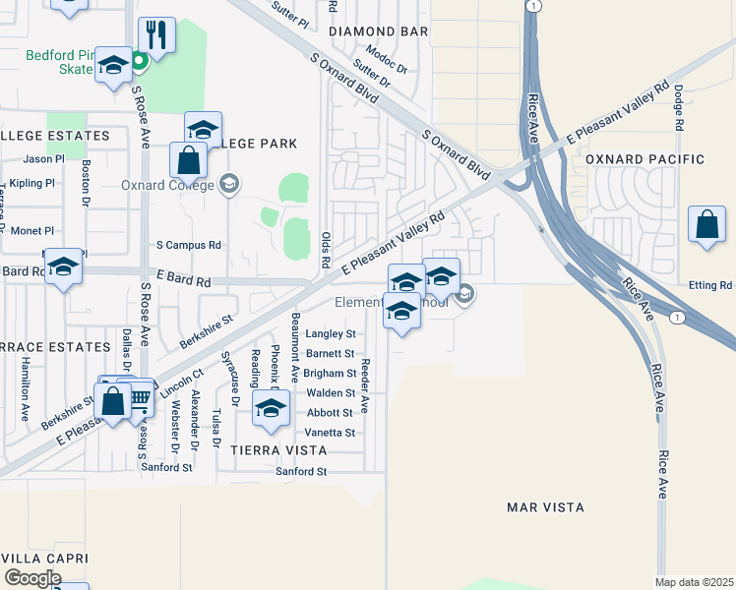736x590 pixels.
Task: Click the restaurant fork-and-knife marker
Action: [x=156, y=34]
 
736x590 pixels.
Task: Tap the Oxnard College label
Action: [x=166, y=185]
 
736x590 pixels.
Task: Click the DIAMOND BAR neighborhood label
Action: [x=378, y=31]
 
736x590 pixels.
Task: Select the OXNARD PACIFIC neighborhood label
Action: [x=644, y=159]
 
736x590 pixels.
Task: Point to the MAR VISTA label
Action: [x=545, y=507]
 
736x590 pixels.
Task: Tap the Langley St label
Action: [x=331, y=334]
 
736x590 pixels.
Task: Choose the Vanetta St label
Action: [x=331, y=433]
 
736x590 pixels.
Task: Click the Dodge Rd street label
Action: [x=679, y=107]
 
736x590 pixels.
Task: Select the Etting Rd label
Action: [x=712, y=285]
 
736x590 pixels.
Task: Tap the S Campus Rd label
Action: [x=189, y=245]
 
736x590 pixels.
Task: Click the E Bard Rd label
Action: [x=184, y=281]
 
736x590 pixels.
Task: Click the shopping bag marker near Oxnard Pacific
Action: [x=706, y=225]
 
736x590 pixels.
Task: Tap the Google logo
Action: [x=32, y=577]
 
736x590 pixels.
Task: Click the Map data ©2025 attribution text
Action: [x=694, y=582]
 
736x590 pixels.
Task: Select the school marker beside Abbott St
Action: [x=270, y=409]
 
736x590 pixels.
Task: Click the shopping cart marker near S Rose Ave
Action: [x=139, y=397]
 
